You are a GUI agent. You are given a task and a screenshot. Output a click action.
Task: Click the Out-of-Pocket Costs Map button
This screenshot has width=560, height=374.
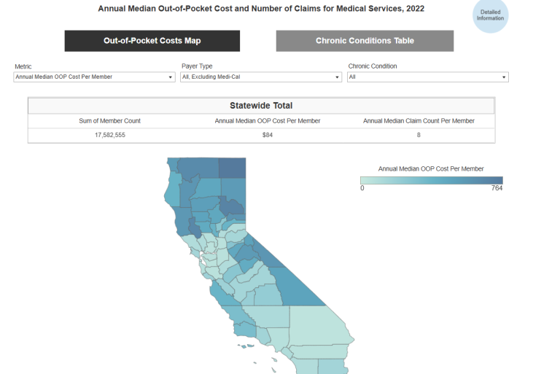click(x=152, y=41)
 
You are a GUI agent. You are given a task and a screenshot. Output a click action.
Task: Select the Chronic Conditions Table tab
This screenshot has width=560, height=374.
click(x=365, y=41)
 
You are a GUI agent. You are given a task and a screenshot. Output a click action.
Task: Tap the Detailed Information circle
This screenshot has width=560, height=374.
click(x=490, y=15)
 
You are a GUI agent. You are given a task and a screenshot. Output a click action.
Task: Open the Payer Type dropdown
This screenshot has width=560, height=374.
click(x=261, y=77)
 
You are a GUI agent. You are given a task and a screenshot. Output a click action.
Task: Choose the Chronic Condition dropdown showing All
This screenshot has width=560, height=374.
click(x=427, y=77)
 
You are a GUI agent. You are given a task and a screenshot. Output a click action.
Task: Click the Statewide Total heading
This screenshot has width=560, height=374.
click(x=261, y=106)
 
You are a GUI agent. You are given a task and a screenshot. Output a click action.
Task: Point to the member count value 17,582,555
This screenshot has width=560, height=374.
click(x=109, y=135)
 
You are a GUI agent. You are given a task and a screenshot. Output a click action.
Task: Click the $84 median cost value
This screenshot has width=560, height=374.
click(x=268, y=135)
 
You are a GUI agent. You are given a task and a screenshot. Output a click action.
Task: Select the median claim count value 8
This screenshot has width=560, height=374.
click(x=419, y=135)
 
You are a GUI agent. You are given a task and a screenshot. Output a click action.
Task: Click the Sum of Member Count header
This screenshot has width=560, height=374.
click(x=109, y=120)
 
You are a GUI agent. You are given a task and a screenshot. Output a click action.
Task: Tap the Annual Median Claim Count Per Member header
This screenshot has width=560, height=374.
click(x=419, y=120)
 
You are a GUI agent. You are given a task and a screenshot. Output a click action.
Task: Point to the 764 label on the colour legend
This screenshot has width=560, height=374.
click(x=497, y=188)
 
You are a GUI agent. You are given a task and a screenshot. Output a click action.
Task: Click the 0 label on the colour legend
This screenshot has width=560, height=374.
click(x=362, y=188)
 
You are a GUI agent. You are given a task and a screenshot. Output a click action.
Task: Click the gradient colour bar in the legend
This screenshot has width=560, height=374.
click(x=432, y=180)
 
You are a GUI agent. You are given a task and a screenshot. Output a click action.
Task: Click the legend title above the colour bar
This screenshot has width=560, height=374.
click(x=431, y=168)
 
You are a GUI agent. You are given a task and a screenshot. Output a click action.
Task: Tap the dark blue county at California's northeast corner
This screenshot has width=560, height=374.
click(x=232, y=168)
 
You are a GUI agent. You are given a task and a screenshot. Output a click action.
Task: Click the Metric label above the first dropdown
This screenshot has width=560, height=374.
click(x=23, y=66)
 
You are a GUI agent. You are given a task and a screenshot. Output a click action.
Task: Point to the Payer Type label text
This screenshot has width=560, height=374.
click(x=197, y=66)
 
